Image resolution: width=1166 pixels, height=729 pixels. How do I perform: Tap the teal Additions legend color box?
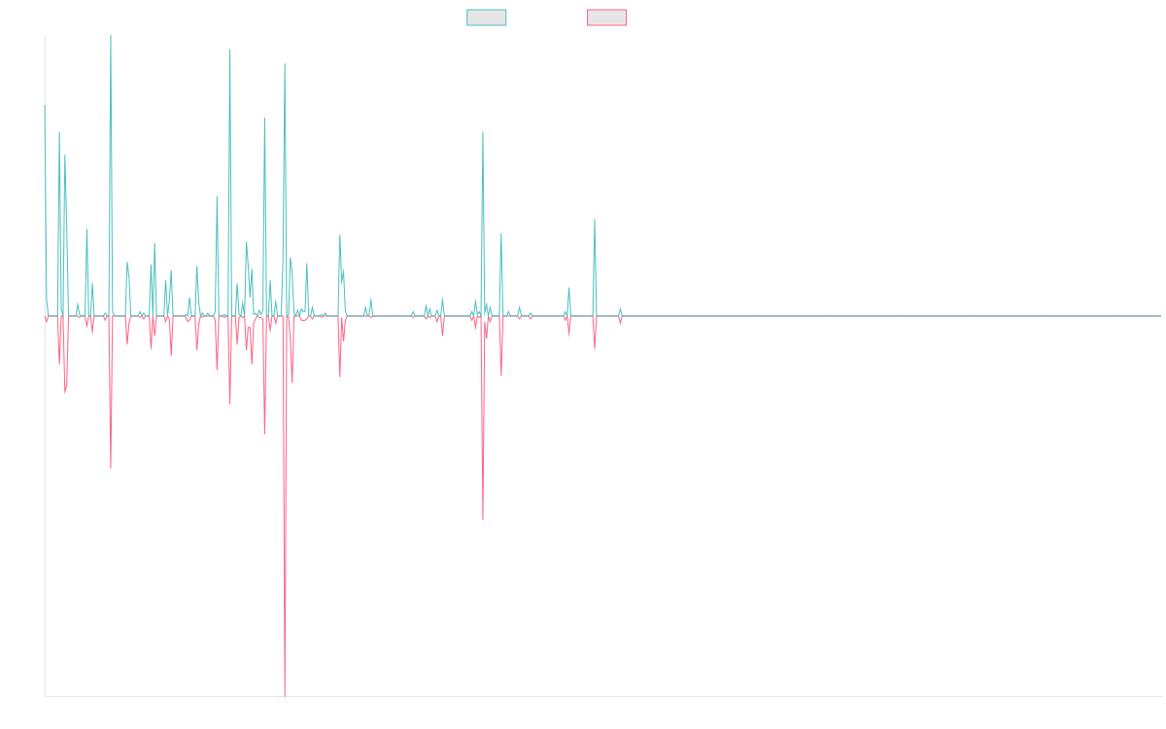[487, 17]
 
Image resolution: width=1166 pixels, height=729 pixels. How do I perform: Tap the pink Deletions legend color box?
[607, 17]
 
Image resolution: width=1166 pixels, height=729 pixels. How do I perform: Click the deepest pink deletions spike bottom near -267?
[285, 694]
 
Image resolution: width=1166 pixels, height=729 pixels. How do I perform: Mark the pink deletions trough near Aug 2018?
[483, 519]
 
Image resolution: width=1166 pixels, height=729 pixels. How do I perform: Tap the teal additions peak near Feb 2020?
[595, 221]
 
